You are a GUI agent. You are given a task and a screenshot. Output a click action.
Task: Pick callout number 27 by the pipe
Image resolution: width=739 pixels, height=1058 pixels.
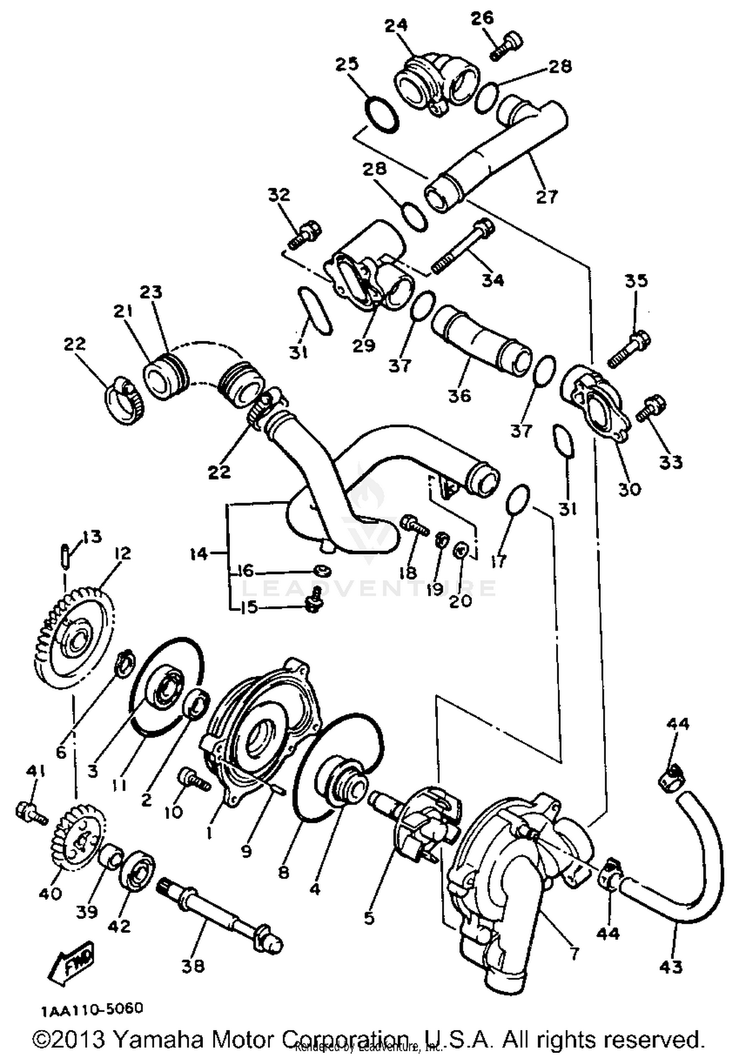click(x=546, y=197)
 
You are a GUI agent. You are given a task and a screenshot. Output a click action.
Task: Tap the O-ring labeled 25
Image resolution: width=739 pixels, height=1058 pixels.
click(x=381, y=114)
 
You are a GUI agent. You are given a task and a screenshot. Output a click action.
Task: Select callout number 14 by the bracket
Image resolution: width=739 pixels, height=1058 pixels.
click(x=199, y=554)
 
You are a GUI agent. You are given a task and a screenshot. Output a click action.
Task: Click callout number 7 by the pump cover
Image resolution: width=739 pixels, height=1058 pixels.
click(x=574, y=953)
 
